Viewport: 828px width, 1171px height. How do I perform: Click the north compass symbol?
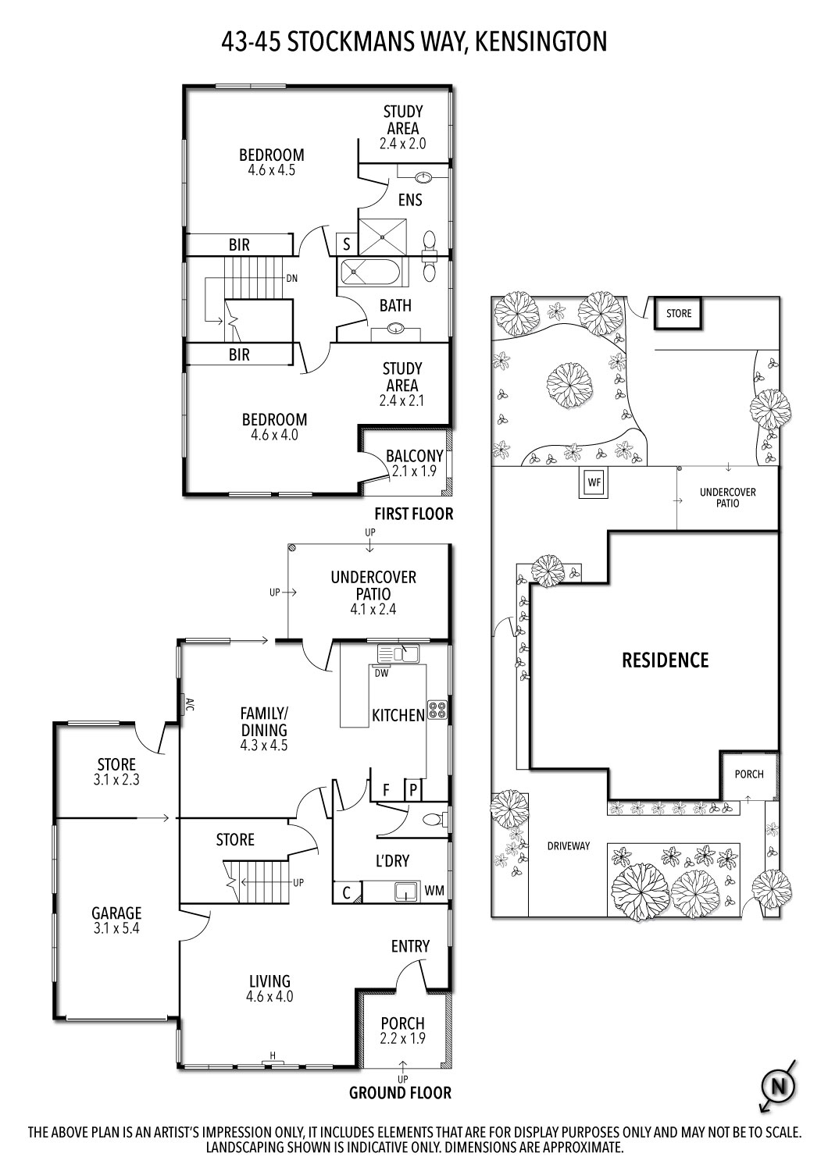[777, 1086]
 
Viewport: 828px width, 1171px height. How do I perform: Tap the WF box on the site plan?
[594, 483]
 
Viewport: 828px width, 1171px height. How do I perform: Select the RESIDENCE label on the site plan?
[665, 660]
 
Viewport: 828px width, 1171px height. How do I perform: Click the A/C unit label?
[188, 705]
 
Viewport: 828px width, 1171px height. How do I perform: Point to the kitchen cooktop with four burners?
[437, 710]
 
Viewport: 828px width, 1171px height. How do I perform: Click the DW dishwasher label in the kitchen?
[381, 672]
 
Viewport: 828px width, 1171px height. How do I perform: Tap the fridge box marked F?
[385, 789]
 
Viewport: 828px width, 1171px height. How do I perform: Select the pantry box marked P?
[413, 789]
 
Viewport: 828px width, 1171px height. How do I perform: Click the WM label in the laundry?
[434, 890]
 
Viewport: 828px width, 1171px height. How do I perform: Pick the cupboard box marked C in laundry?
[346, 892]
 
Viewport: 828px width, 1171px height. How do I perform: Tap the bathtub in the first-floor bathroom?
[370, 273]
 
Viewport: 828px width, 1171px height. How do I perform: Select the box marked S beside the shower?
[346, 244]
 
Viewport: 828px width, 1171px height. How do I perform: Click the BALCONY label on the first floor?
[414, 456]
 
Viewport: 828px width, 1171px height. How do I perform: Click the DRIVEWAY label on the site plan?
[568, 845]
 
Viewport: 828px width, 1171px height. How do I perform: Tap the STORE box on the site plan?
[679, 314]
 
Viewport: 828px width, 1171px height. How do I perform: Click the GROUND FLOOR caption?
[400, 1093]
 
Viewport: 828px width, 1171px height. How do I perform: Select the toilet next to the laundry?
[431, 820]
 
